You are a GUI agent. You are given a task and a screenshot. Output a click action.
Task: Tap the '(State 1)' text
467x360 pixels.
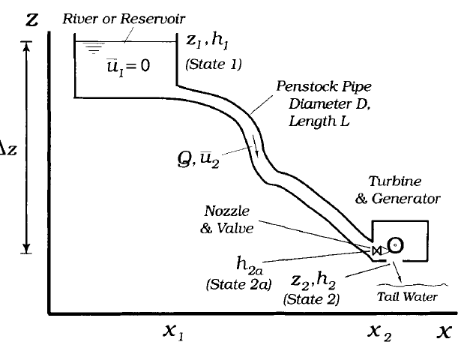tap(214, 64)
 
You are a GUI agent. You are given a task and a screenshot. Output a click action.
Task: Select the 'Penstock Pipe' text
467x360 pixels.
tap(312, 86)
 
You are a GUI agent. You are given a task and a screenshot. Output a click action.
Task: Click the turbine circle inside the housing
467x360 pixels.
tap(394, 245)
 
